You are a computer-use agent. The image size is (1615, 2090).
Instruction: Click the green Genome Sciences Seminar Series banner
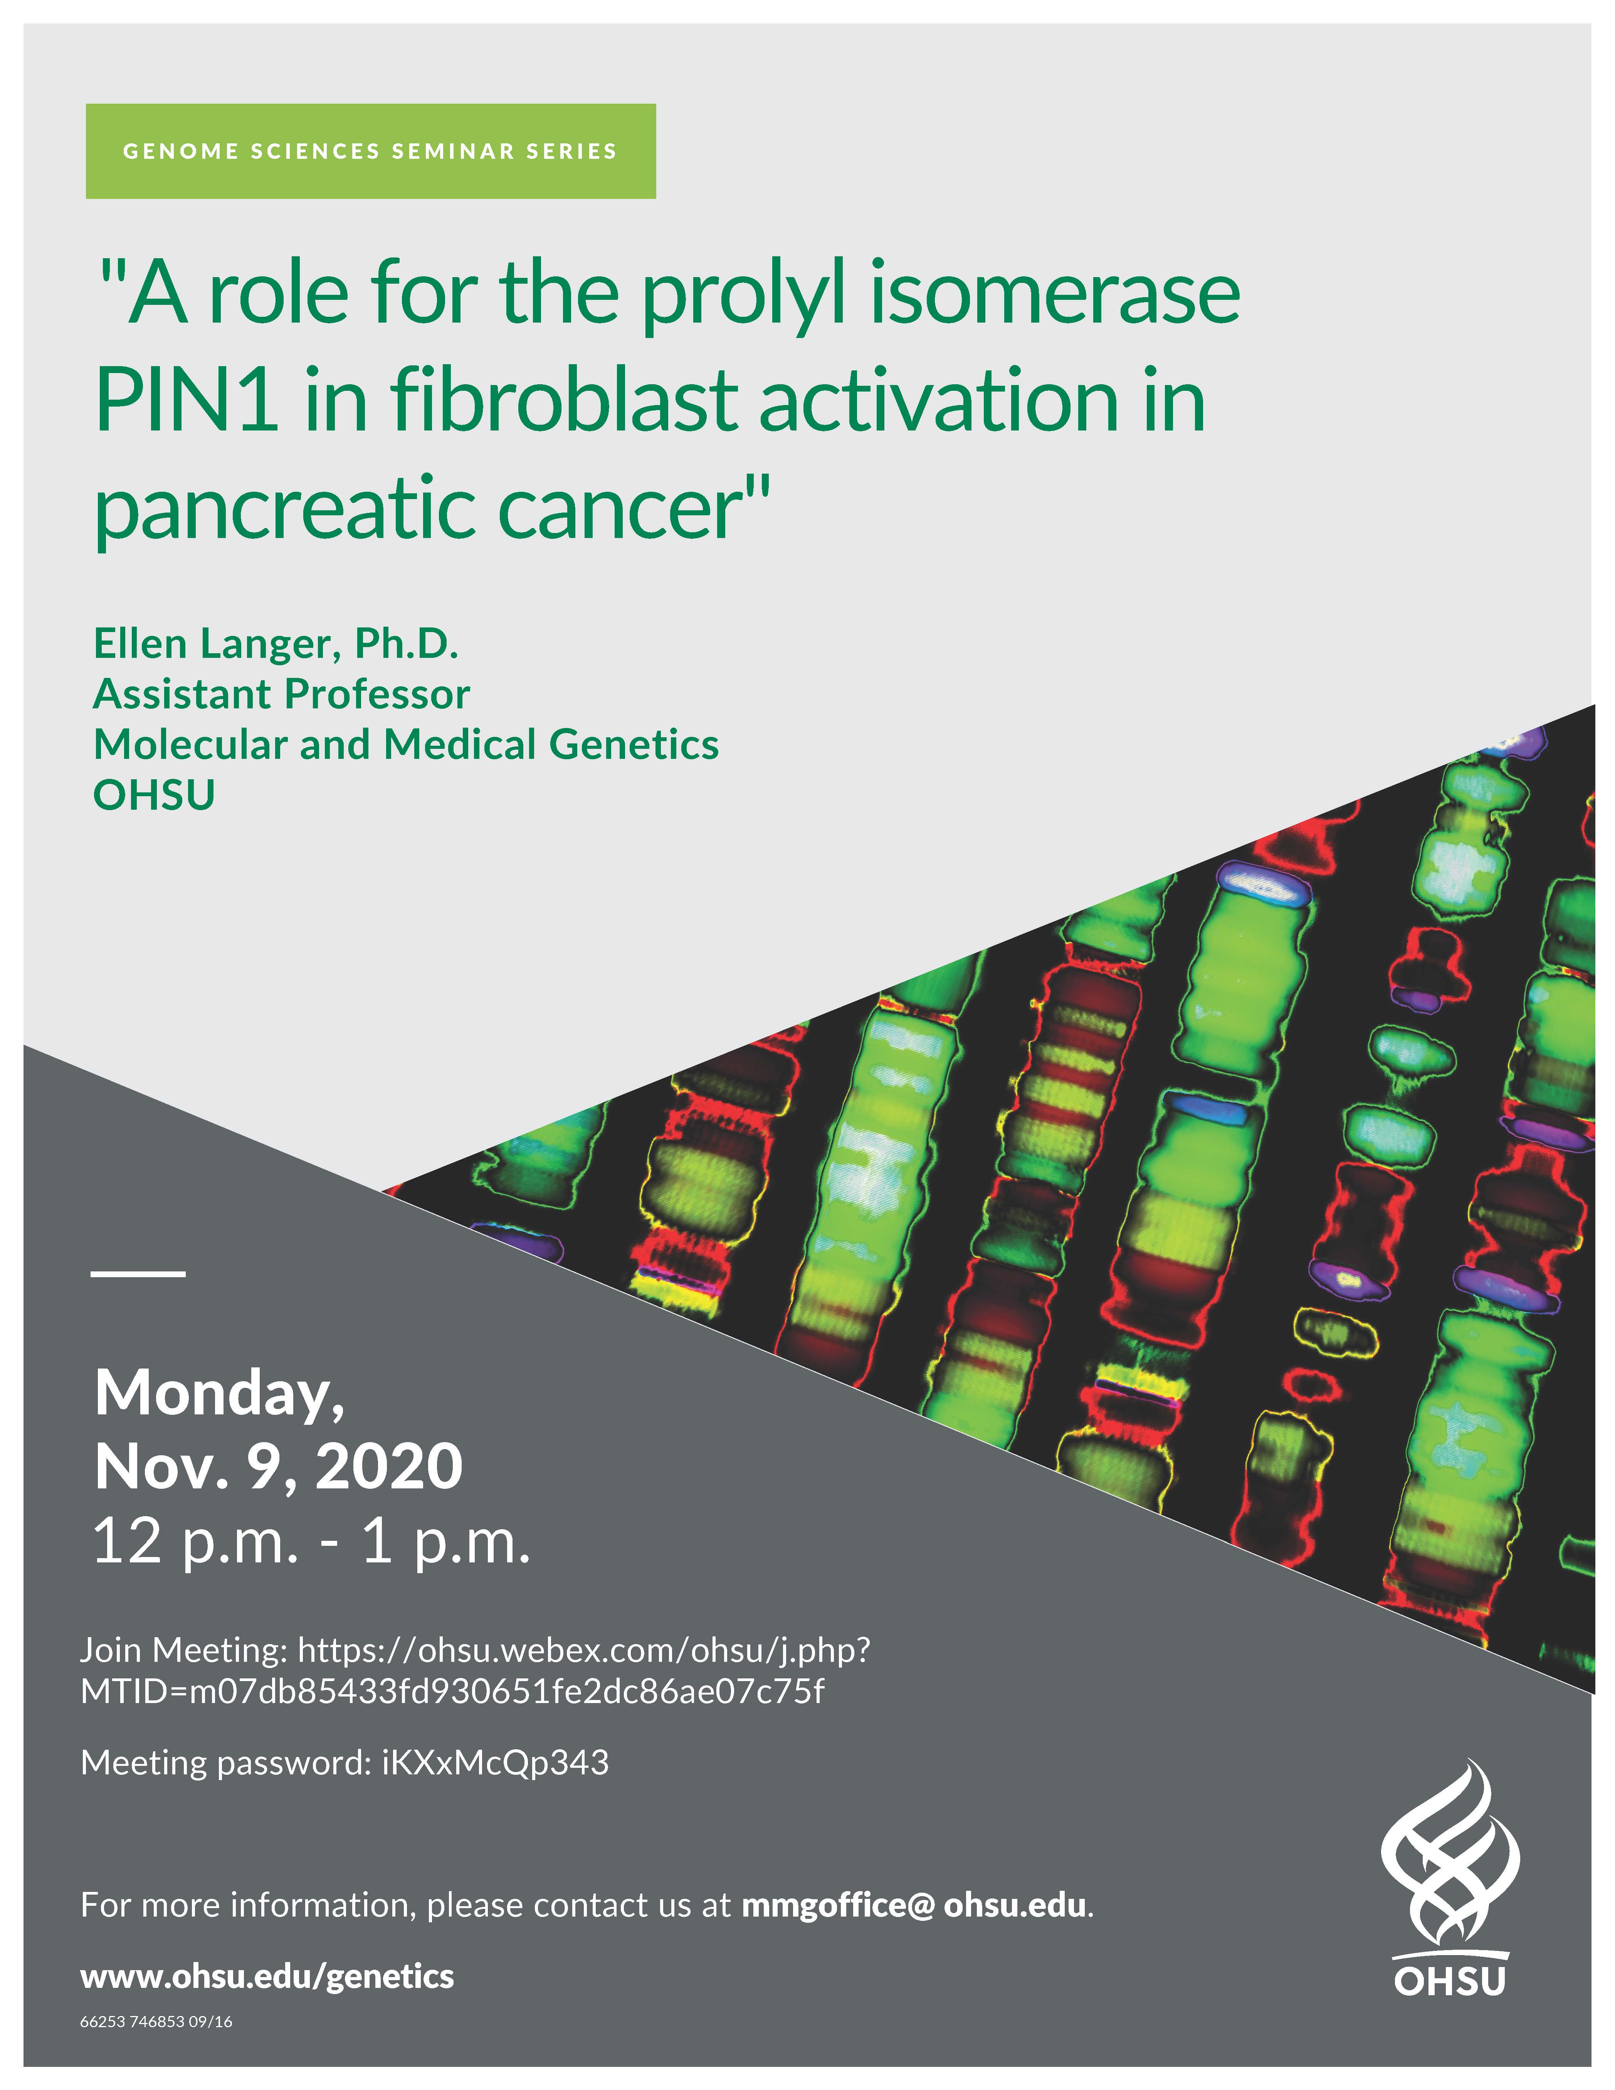[x=370, y=151]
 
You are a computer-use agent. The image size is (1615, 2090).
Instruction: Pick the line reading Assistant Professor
[x=281, y=695]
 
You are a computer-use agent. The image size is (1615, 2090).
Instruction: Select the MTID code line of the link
[x=452, y=1692]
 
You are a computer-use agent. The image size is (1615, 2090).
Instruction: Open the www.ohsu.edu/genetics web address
[x=267, y=1977]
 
